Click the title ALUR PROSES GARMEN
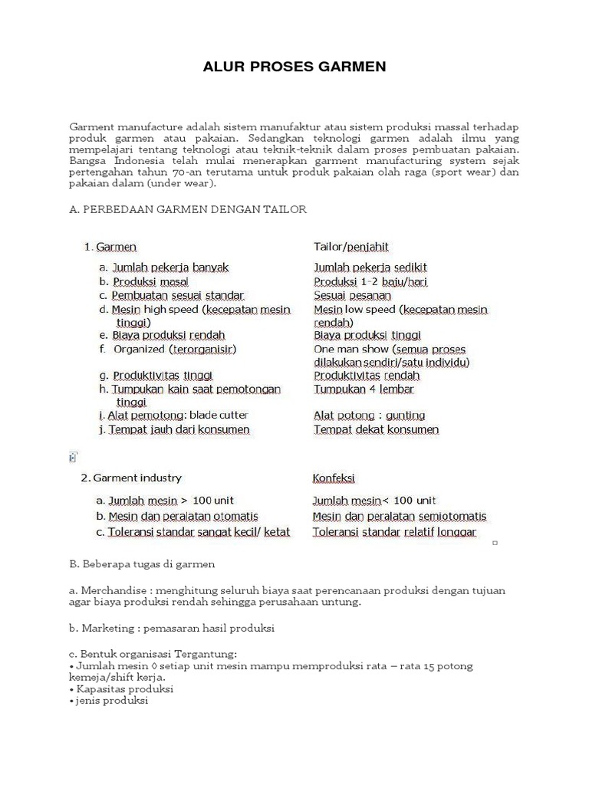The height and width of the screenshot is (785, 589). (x=294, y=67)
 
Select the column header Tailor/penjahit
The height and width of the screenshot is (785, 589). (x=351, y=247)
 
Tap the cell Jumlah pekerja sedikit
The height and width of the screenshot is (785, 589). (x=370, y=268)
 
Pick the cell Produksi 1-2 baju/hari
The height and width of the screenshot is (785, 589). (x=370, y=282)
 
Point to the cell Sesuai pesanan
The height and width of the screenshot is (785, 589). (x=352, y=296)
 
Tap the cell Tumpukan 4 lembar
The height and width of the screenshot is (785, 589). (x=364, y=389)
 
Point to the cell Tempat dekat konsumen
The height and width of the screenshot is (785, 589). (x=376, y=429)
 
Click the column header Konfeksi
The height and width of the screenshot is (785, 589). (x=334, y=478)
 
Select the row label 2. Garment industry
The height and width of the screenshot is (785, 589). (x=131, y=478)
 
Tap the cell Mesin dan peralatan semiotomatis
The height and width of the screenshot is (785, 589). (x=400, y=517)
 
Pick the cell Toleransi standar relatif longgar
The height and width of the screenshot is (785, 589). (x=394, y=532)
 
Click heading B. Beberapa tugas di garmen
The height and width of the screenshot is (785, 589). (x=142, y=564)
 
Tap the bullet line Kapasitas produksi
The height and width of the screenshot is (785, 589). (x=123, y=689)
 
